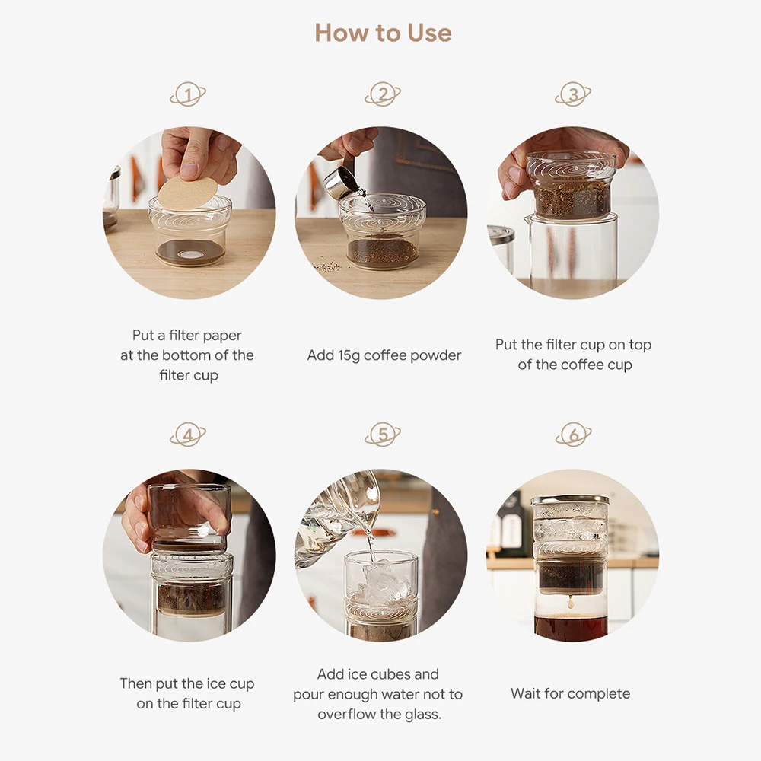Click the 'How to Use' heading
383,33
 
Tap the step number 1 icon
188,94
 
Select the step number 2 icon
383,94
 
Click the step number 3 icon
573,94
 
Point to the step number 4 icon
188,435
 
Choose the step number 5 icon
383,435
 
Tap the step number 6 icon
573,435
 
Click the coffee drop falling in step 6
571,603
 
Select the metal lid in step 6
570,499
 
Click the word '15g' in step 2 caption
349,355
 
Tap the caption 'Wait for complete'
570,694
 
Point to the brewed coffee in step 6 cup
571,626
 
